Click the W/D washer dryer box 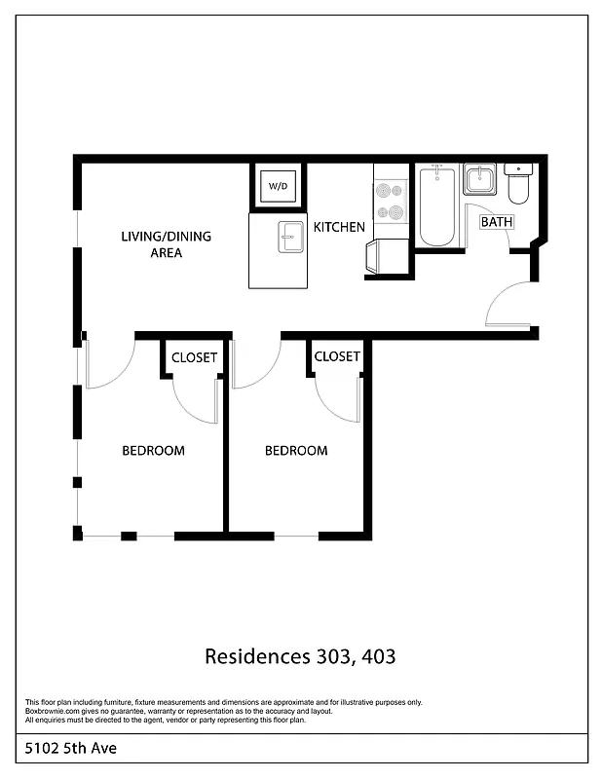[279, 185]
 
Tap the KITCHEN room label [339, 227]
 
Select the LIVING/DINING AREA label [166, 244]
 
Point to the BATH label [496, 222]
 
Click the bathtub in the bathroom [436, 206]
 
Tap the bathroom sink [480, 179]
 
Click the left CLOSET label [194, 357]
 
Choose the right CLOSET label [337, 356]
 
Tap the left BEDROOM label [153, 451]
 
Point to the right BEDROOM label [296, 451]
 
